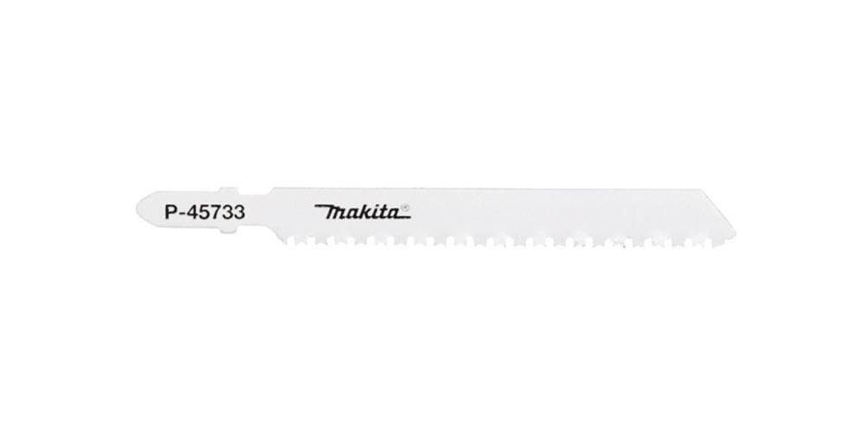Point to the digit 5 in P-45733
click(207, 210)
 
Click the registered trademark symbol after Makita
click(404, 207)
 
